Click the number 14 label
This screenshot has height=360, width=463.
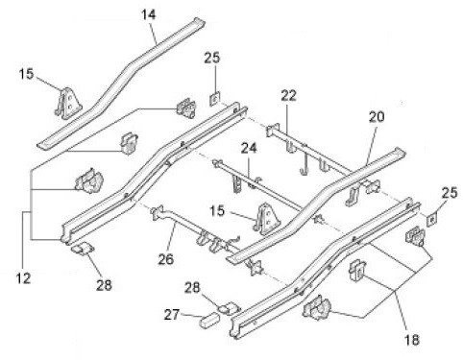coord(149,15)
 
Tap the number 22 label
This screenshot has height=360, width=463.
coord(289,96)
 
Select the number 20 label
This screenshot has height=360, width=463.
coord(377,117)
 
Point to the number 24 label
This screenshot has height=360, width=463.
coord(249,148)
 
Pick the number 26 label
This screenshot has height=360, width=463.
coord(166,259)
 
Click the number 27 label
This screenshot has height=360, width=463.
coord(172,315)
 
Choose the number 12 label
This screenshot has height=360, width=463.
coord(23,278)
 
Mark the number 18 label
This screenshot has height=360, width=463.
coord(412,340)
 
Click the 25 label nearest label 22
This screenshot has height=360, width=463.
coord(212,58)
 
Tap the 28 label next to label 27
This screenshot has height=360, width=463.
coord(192,288)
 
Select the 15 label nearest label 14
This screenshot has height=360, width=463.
coord(26,74)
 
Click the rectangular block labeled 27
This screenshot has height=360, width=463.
coord(209,321)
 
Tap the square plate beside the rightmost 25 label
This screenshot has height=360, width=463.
coord(432,220)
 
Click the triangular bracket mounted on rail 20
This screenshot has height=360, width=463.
coord(266,219)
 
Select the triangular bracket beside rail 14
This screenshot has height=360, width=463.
coord(68,103)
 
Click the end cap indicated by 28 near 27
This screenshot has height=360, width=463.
coord(229,308)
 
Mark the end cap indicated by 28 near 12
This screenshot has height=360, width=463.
coord(83,249)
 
